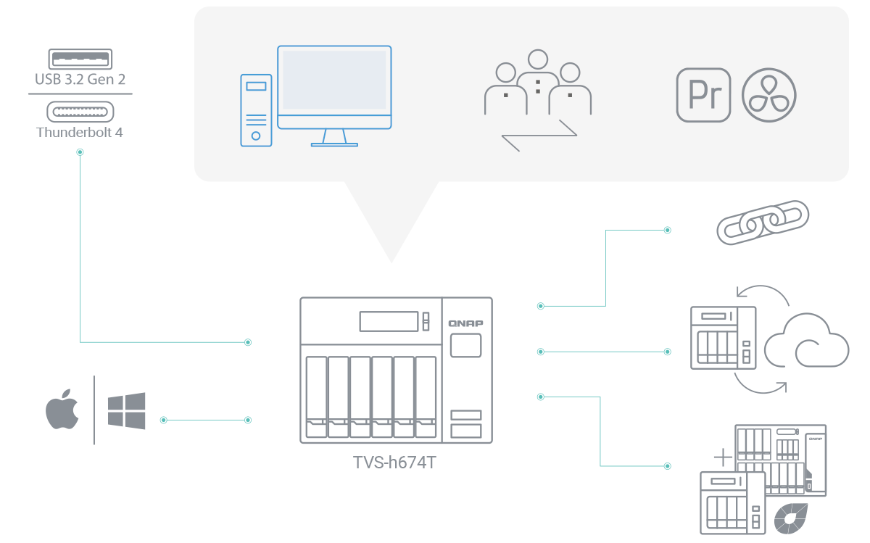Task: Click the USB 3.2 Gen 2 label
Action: (x=80, y=79)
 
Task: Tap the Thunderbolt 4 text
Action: (x=80, y=133)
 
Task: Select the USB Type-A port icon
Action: (x=80, y=57)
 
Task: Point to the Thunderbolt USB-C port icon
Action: (x=80, y=111)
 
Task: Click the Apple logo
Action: (x=62, y=410)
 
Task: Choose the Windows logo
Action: (x=126, y=410)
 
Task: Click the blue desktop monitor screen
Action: (x=334, y=80)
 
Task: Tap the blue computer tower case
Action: (x=256, y=110)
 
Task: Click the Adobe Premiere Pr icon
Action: (x=703, y=95)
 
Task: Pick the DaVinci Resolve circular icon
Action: (x=769, y=95)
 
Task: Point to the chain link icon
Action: (x=762, y=222)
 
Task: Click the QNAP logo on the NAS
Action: (x=465, y=323)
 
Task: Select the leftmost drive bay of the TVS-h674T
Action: (x=316, y=397)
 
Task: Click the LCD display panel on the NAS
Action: (x=389, y=321)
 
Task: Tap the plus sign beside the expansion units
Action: (x=723, y=457)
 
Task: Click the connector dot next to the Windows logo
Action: (x=163, y=420)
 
